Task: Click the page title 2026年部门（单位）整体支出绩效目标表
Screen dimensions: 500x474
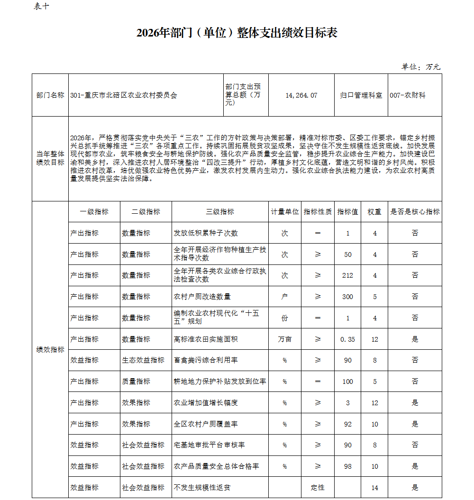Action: pos(237,33)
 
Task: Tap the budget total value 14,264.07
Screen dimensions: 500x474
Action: pos(301,95)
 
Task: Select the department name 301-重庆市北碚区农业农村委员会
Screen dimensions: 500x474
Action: pos(123,95)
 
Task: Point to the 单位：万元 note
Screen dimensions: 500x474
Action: pos(421,67)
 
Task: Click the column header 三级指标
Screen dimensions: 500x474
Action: pos(220,212)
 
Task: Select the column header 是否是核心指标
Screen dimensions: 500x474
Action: pos(415,212)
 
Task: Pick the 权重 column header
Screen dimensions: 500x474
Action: pos(374,212)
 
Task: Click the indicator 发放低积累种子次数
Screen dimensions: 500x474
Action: pos(206,233)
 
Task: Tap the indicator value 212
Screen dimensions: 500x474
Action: pos(348,275)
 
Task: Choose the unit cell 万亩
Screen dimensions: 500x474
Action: pos(284,339)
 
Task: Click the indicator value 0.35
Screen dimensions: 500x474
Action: pos(348,339)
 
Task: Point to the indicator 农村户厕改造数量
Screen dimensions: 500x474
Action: pos(202,297)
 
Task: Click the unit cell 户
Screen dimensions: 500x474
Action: pos(284,297)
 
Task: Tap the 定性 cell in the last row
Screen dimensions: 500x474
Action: pos(318,487)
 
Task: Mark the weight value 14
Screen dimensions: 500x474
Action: pos(374,488)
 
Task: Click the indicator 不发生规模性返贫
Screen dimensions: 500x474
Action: pos(202,487)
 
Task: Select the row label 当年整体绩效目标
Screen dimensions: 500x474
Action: pos(50,158)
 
